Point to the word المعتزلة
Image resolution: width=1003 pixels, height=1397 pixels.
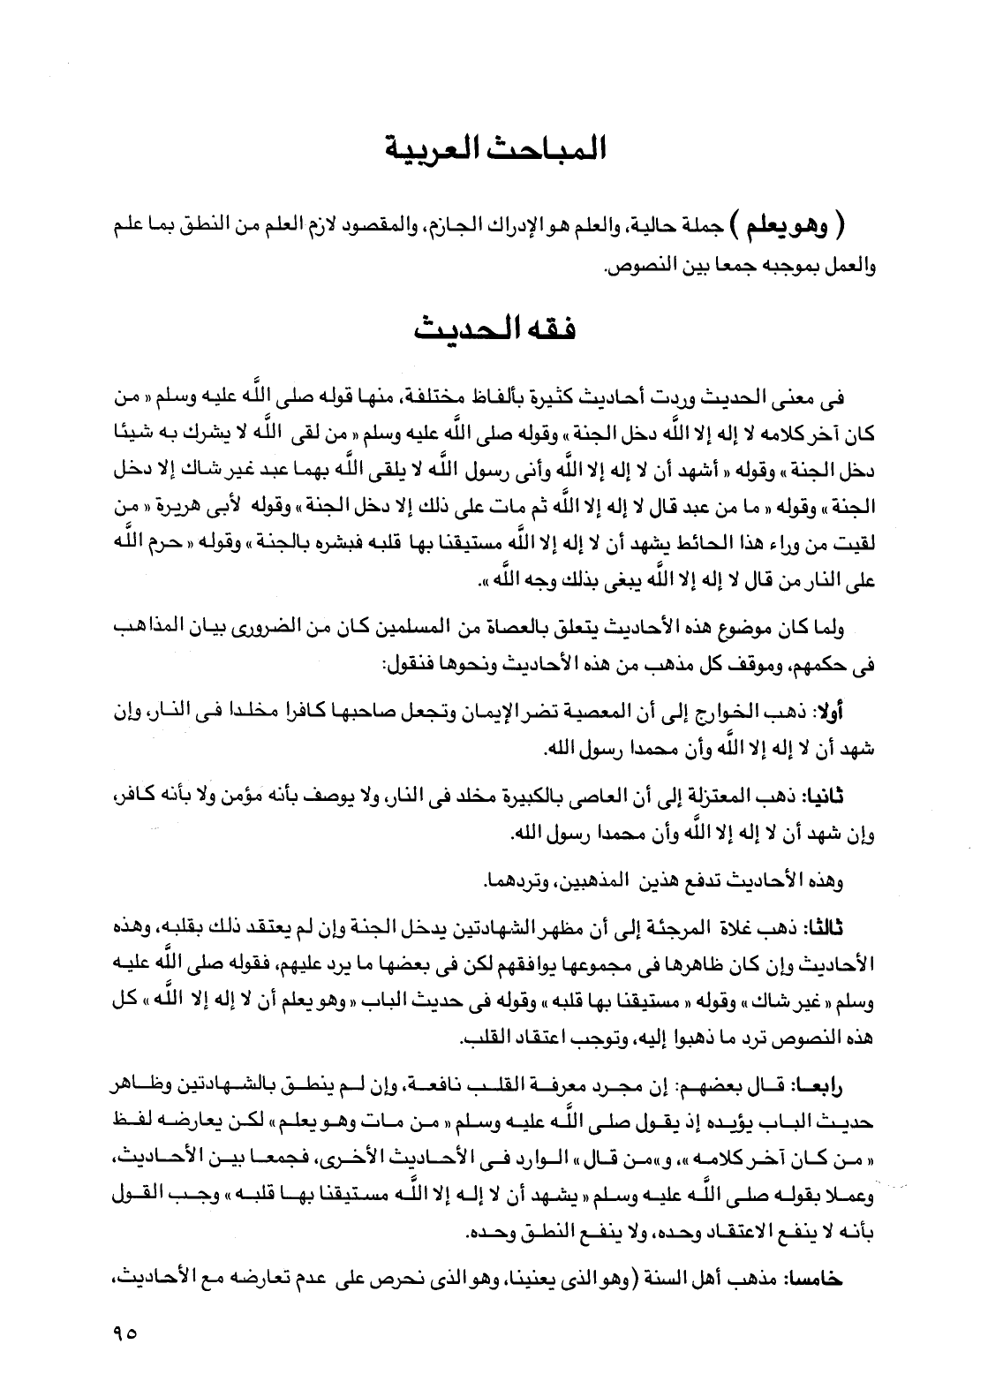tap(729, 797)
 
